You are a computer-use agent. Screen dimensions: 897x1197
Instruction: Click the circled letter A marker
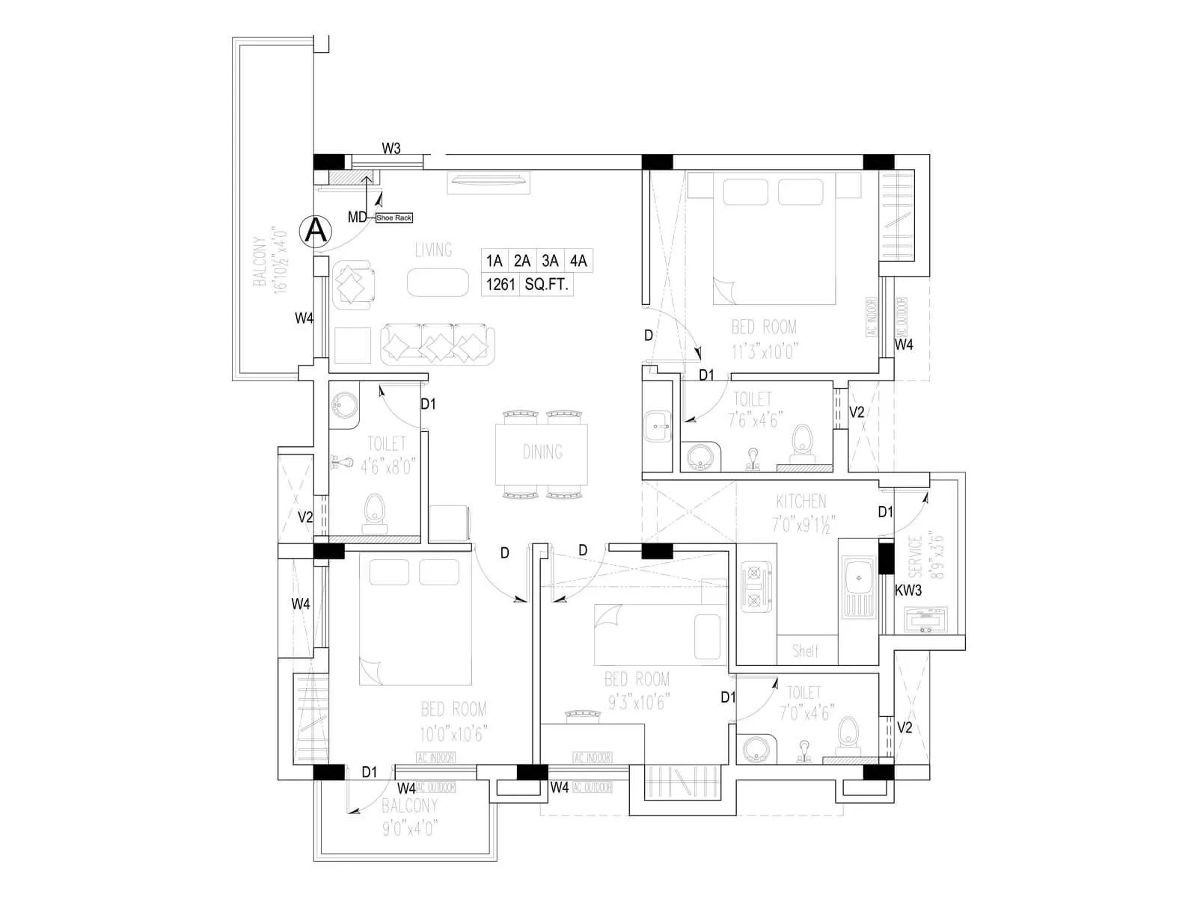coord(316,231)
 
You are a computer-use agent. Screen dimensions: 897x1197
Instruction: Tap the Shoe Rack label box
coord(394,218)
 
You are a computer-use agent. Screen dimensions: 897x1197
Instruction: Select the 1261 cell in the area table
coord(500,284)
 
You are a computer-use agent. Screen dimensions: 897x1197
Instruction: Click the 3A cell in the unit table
coord(550,261)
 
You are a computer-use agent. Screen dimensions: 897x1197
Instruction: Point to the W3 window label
coord(391,148)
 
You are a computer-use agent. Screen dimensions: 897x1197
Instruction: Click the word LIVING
coord(433,250)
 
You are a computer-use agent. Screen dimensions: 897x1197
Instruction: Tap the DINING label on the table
coord(542,451)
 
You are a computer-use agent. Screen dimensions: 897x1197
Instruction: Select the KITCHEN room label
coord(800,501)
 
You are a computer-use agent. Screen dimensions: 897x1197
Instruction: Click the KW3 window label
coord(908,590)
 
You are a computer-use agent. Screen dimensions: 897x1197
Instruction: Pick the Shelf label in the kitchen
coord(806,650)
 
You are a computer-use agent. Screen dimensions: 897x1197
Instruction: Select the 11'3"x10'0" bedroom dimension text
coord(763,351)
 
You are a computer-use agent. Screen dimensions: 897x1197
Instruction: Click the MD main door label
coord(357,218)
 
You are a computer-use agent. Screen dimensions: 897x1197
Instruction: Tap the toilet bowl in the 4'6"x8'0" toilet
coord(373,512)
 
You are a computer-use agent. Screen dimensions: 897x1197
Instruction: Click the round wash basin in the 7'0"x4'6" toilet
coord(753,749)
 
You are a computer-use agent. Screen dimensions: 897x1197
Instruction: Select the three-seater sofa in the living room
coord(438,344)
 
